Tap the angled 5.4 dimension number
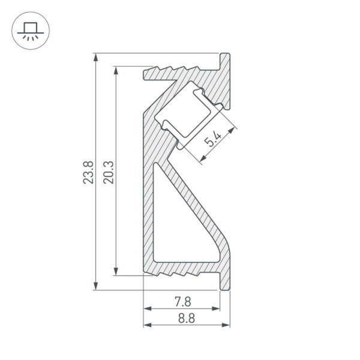click(x=214, y=142)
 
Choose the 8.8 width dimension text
click(x=186, y=319)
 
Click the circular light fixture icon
click(x=30, y=30)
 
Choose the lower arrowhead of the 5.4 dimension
click(x=202, y=158)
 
